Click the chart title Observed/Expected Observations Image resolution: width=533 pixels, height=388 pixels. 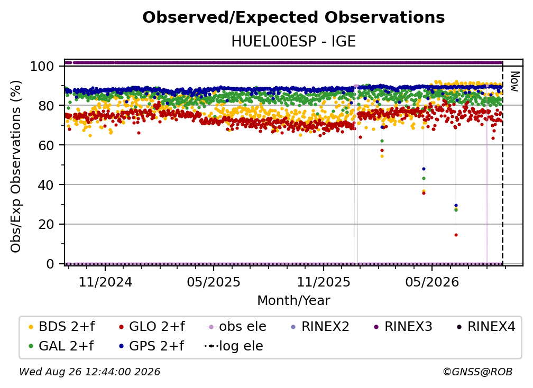tap(293, 17)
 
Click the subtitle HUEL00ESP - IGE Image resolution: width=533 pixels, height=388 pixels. tap(293, 42)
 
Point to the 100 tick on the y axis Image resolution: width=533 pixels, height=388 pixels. tap(42, 66)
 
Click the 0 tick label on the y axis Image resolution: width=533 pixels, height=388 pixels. tap(50, 264)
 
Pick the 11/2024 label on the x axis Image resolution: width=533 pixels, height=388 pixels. tap(105, 282)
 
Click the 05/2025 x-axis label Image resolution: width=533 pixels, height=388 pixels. tap(214, 282)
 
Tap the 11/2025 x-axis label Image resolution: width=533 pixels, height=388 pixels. tap(324, 282)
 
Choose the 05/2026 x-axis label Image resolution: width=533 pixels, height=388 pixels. tap(432, 282)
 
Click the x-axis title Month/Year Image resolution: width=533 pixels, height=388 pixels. tap(293, 301)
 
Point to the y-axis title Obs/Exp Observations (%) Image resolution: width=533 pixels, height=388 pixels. tap(16, 167)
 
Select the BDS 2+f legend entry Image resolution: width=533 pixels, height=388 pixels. tap(61, 327)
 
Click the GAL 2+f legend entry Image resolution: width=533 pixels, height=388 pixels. tap(61, 346)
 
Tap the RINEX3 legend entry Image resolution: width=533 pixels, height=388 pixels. tap(403, 327)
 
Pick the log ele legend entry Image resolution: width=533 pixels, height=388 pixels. tap(234, 346)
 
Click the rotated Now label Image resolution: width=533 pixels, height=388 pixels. tap(514, 81)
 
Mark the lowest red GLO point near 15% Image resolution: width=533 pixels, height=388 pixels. tap(456, 235)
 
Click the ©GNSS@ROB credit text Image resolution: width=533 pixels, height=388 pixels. tap(477, 372)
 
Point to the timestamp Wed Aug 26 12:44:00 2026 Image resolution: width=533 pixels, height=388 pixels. tap(90, 372)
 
